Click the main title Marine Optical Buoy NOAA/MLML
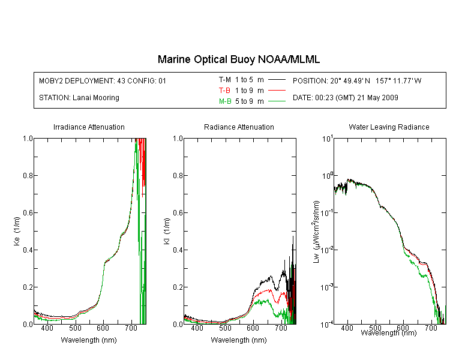pos(238,59)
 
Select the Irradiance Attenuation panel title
pos(89,127)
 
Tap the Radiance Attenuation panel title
pos(239,127)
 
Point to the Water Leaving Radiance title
pos(389,127)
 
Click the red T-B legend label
pos(224,91)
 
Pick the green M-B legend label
pos(225,101)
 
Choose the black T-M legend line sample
pos(277,80)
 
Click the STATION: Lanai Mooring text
pos(79,98)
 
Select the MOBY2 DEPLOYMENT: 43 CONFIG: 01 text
pos(103,80)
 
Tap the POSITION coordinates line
pos(357,80)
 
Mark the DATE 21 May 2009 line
pos(345,98)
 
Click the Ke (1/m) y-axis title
pos(17,231)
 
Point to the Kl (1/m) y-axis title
pos(167,231)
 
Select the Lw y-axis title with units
pos(316,232)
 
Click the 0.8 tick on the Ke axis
pos(28,175)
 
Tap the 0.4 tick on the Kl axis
pos(178,250)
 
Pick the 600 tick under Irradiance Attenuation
pos(103,328)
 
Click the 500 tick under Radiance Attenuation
pos(225,328)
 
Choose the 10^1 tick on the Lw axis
pos(327,139)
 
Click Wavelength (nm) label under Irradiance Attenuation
pos(89,340)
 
